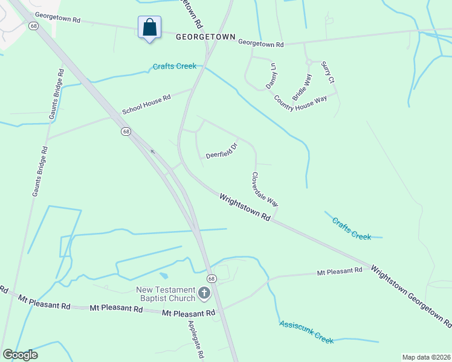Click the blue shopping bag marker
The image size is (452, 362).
coord(149,28)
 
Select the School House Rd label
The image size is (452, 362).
coord(147,104)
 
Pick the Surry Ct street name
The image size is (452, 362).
coord(328,72)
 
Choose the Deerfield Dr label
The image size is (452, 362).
coord(222,150)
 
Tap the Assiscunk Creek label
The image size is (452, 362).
coord(306,332)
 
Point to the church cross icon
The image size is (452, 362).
coord(204,294)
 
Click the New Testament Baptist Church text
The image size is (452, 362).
coord(166,294)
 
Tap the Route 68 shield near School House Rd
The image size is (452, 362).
coord(126,131)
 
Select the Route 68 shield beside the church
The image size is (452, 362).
coord(211,278)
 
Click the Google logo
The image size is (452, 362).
coord(19,355)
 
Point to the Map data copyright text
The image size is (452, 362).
coord(426,357)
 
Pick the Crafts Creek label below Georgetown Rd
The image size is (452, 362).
coord(175,66)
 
